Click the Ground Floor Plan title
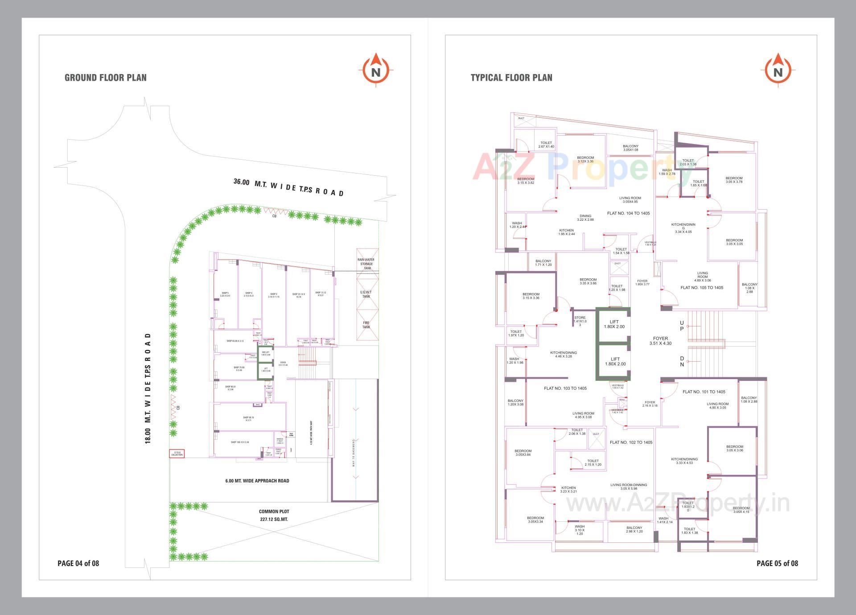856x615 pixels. [106, 78]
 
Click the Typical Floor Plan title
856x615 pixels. [511, 78]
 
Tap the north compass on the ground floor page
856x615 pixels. [376, 71]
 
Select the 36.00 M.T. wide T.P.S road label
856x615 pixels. [288, 187]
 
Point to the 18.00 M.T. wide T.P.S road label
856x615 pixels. [148, 388]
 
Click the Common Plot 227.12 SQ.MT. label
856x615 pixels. [274, 516]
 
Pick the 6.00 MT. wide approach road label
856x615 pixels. [257, 481]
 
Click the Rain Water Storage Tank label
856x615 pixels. [366, 264]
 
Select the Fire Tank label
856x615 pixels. [366, 325]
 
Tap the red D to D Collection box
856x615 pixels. [177, 454]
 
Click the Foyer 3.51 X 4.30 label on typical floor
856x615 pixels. [660, 341]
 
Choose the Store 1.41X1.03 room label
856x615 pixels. [580, 321]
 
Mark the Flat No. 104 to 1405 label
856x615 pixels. [628, 213]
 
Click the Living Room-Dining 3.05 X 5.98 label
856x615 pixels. [629, 487]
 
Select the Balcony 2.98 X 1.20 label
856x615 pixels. [634, 530]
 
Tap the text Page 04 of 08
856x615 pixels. [78, 563]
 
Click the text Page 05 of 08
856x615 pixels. [777, 563]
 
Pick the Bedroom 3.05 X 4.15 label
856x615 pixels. [741, 510]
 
